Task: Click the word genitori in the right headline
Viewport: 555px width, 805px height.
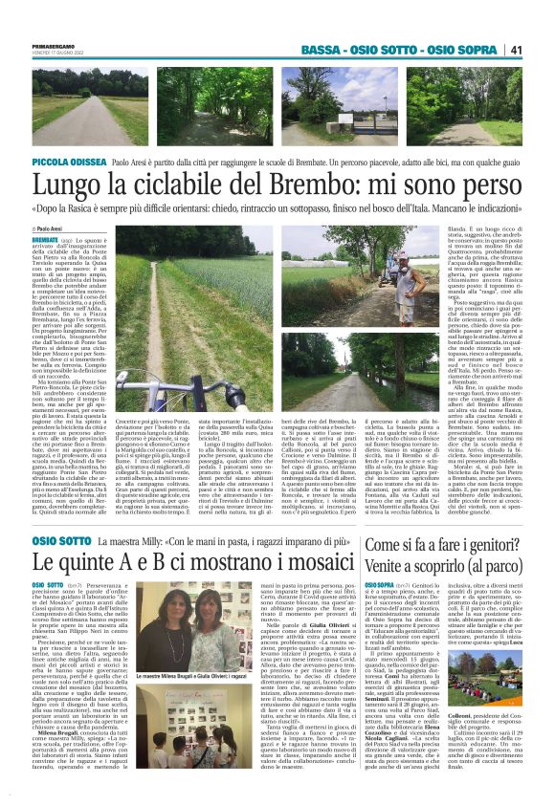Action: tap(489, 545)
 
